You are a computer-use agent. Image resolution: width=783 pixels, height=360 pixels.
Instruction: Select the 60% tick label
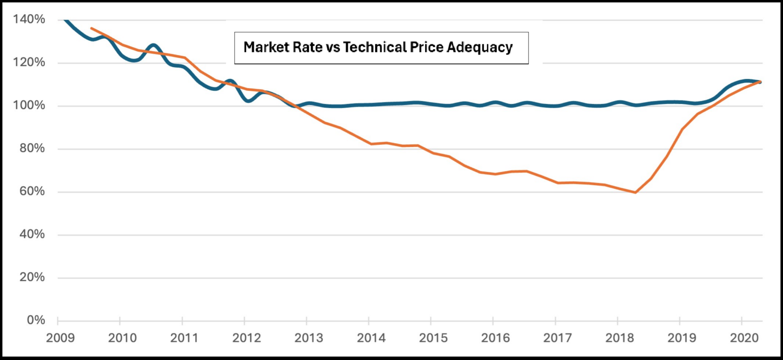point(33,192)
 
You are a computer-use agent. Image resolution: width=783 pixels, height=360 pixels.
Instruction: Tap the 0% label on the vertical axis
point(36,321)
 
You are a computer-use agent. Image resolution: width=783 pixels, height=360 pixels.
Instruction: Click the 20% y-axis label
point(33,278)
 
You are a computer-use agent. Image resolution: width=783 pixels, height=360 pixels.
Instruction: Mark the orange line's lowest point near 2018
point(636,192)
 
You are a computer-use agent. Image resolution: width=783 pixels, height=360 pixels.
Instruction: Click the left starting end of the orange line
point(91,28)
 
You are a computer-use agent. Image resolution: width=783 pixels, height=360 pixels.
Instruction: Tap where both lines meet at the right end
point(760,82)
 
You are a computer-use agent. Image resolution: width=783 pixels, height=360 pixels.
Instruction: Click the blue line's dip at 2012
point(248,101)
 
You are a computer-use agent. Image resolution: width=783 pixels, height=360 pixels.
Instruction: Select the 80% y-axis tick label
point(33,149)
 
